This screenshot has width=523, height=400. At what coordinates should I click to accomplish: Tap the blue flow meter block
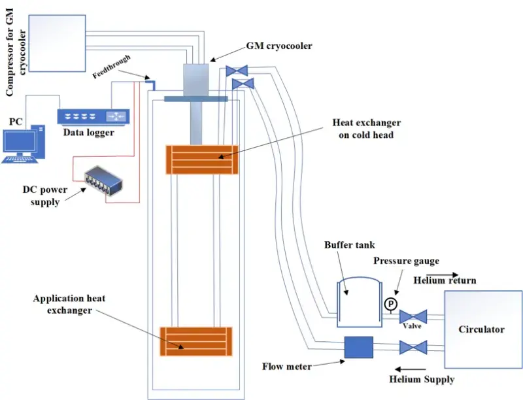[x=358, y=347]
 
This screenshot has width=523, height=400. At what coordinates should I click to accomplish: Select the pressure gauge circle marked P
[x=390, y=304]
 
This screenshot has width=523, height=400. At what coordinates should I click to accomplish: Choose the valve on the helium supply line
[x=413, y=346]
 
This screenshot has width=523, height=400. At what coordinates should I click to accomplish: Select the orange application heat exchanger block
[x=197, y=341]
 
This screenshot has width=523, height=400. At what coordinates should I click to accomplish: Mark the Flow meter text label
[x=288, y=367]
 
